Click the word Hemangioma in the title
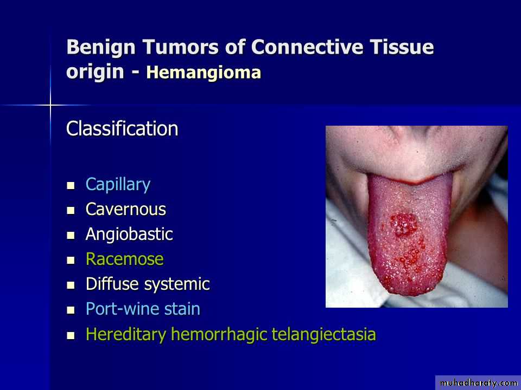(x=204, y=72)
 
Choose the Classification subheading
(x=122, y=128)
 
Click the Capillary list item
(x=118, y=184)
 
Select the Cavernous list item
(x=125, y=209)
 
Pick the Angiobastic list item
(x=129, y=234)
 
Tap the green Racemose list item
(x=125, y=259)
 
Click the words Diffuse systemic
(x=148, y=284)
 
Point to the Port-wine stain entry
(x=143, y=309)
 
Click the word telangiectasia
(x=323, y=334)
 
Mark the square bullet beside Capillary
(x=71, y=185)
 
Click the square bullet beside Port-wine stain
(x=71, y=310)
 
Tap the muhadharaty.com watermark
(x=478, y=383)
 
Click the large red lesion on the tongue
(x=404, y=224)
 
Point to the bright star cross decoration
(x=50, y=106)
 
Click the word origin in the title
(x=95, y=72)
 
